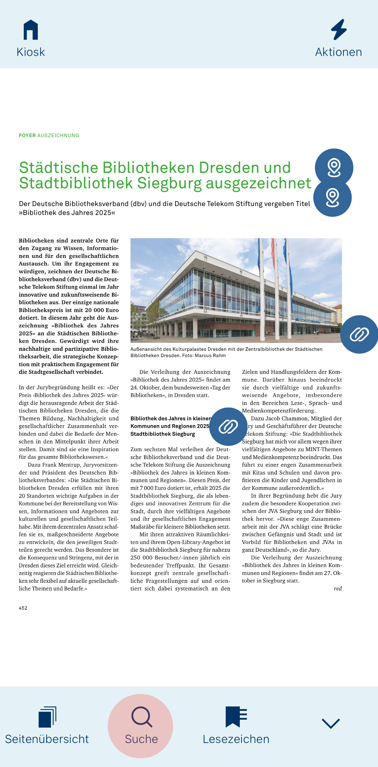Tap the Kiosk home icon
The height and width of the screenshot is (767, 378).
(x=31, y=30)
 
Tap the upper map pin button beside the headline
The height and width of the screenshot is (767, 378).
(x=334, y=168)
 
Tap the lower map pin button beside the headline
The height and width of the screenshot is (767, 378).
(x=332, y=198)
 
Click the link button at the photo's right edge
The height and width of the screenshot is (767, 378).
(x=359, y=334)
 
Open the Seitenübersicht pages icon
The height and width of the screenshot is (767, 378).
(x=47, y=717)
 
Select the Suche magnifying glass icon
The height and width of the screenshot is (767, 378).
(x=141, y=717)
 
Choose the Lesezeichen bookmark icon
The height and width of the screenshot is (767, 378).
(x=236, y=717)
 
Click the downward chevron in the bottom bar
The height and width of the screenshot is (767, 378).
(x=331, y=723)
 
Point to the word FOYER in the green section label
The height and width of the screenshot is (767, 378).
(x=27, y=136)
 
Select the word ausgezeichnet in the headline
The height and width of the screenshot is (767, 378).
(x=258, y=183)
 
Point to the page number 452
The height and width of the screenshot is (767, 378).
(x=23, y=608)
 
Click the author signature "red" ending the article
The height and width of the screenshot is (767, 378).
(x=338, y=589)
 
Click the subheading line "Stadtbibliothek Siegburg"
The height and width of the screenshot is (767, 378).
(x=163, y=434)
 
